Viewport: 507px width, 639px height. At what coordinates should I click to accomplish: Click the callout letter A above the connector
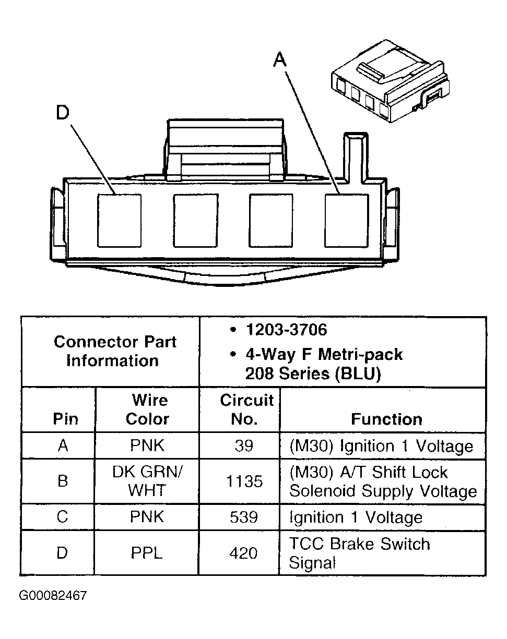click(x=280, y=61)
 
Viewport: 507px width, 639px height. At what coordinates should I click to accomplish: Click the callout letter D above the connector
click(x=63, y=113)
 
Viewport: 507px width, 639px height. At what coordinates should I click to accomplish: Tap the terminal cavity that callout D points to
click(x=120, y=220)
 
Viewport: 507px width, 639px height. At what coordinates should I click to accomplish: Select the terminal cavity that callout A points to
click(x=347, y=220)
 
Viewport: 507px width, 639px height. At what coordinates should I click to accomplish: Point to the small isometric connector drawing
click(x=389, y=83)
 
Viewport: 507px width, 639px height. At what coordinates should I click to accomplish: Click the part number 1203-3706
click(x=286, y=330)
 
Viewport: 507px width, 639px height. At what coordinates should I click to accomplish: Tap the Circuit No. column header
click(x=246, y=409)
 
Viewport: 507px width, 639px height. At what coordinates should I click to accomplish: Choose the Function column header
click(x=386, y=419)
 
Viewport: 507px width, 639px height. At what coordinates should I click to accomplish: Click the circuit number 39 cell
click(x=244, y=446)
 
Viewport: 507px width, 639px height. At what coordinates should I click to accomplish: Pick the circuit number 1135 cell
click(x=244, y=481)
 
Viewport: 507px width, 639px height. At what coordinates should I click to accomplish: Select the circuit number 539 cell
click(x=244, y=517)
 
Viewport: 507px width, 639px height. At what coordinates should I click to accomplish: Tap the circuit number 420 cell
click(x=244, y=553)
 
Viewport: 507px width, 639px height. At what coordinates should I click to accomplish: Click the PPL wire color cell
click(x=147, y=553)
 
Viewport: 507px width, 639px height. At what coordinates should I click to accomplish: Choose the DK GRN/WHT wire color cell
click(x=148, y=481)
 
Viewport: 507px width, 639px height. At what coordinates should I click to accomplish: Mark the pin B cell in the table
click(x=63, y=481)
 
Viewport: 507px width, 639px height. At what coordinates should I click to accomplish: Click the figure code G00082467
click(x=53, y=596)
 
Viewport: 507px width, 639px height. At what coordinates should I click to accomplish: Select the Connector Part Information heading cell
click(x=114, y=351)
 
